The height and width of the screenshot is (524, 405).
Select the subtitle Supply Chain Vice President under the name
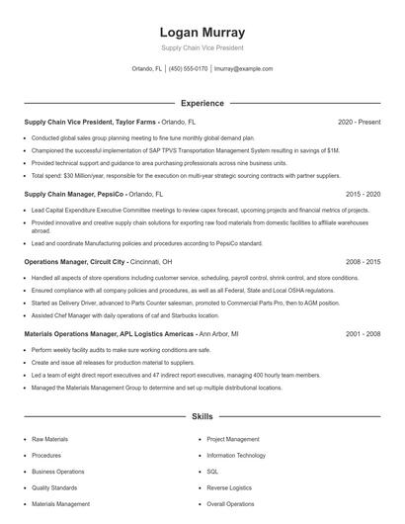point(202,47)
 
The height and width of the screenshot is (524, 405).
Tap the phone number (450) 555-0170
point(189,69)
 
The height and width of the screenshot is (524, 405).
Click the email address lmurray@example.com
point(243,69)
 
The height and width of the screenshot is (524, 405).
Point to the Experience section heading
point(202,103)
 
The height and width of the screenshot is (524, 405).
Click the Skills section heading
point(202,418)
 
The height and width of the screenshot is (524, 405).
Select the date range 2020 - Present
point(360,122)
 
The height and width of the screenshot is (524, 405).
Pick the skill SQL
point(212,472)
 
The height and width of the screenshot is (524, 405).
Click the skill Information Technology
point(236,455)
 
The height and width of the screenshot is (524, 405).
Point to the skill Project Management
point(233,438)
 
